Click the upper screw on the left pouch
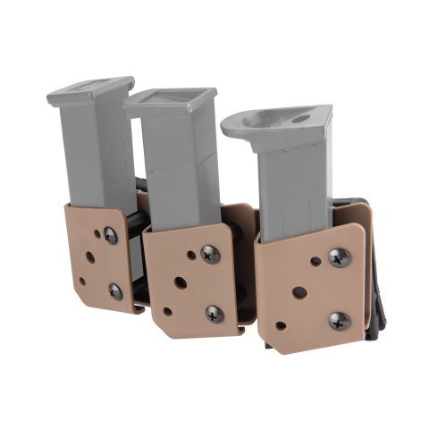click(x=111, y=236)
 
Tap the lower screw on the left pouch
click(x=115, y=290)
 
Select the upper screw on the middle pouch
click(x=211, y=254)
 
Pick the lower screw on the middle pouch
click(x=214, y=313)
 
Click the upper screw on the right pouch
click(x=339, y=257)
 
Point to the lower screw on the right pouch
click(x=339, y=320)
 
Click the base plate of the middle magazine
click(x=170, y=101)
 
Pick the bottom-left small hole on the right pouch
click(x=281, y=325)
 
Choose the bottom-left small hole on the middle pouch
click(x=167, y=312)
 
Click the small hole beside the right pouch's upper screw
click(x=315, y=261)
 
